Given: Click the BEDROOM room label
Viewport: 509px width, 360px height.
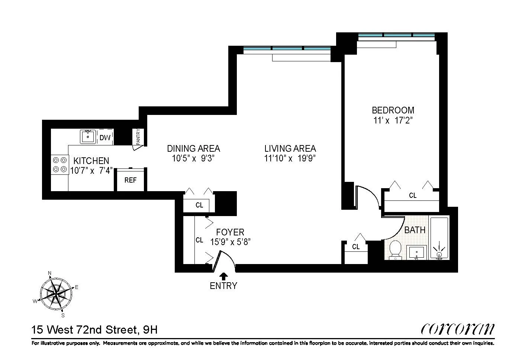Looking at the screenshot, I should [393, 110].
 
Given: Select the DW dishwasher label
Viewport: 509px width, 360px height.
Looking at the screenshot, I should [105, 138].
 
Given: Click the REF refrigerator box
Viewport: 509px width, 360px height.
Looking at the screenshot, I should [131, 180].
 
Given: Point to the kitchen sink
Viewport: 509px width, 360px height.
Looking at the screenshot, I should [88, 137].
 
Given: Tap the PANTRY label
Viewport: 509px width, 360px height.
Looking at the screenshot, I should [138, 136].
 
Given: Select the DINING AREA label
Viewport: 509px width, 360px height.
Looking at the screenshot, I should [193, 148].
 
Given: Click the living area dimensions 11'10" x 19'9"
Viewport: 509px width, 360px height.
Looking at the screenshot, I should [290, 158].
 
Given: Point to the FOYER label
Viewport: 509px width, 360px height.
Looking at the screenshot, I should [230, 232].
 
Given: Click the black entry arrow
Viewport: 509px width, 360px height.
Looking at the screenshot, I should [224, 276].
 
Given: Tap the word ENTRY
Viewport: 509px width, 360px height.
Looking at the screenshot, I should [223, 286].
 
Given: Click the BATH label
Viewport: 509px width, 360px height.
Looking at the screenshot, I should [415, 230].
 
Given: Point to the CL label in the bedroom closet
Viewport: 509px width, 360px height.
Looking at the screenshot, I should [413, 195].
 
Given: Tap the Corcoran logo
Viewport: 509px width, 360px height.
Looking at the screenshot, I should [458, 329].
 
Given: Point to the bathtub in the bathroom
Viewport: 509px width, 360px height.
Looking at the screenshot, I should [439, 238].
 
